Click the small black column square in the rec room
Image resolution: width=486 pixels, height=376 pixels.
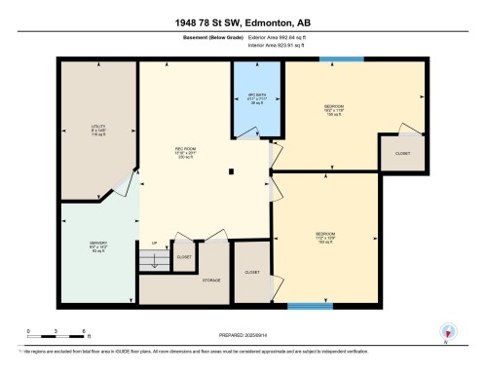[x=231, y=173]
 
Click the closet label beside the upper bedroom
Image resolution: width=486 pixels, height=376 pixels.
[x=402, y=153]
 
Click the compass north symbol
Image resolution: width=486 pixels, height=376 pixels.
[x=447, y=330]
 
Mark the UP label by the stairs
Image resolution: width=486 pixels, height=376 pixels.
[x=154, y=243]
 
